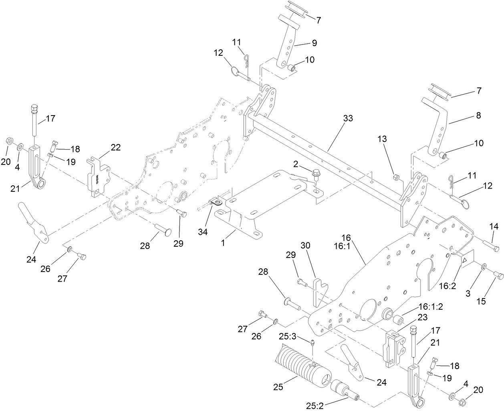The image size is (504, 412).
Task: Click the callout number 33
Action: (x=348, y=119)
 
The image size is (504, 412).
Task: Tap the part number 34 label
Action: (x=202, y=232)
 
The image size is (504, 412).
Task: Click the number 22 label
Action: (x=115, y=147)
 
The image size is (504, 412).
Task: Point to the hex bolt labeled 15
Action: (x=497, y=275)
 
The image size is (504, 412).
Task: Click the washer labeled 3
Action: (x=484, y=266)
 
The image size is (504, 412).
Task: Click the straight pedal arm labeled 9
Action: (x=288, y=48)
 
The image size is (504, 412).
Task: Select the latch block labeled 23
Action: (x=393, y=347)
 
